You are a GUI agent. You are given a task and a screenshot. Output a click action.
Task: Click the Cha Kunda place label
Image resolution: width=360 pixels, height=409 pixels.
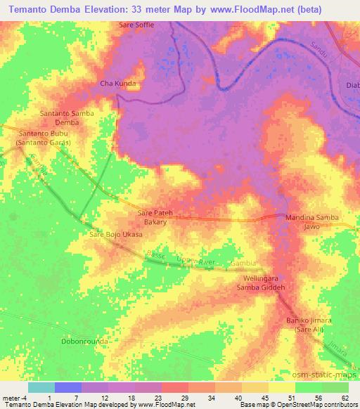118,83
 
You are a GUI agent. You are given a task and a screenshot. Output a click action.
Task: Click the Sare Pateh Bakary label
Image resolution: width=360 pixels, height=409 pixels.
155,216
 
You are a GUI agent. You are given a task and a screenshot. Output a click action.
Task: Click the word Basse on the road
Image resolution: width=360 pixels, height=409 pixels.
155,255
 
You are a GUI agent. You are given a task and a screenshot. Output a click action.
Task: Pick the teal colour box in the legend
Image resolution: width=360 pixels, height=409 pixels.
41,387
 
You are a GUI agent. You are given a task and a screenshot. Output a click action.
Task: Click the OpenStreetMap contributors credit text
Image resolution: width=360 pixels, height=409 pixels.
316,405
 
